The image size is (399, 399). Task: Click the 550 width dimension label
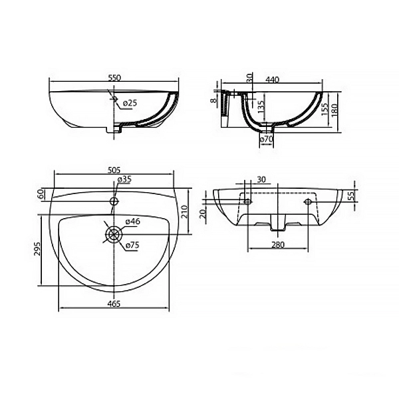(x=114, y=77)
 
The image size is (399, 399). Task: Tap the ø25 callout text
(x=130, y=103)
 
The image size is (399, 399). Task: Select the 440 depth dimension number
(x=272, y=80)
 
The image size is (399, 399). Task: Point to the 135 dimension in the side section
(x=261, y=107)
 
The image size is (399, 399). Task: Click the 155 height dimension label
(x=325, y=110)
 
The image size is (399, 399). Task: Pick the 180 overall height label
(x=334, y=110)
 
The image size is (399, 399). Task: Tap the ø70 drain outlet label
(x=266, y=139)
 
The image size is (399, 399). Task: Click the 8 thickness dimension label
(x=214, y=100)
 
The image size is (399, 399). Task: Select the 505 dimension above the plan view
(x=114, y=170)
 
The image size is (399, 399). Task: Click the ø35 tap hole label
(x=124, y=180)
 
